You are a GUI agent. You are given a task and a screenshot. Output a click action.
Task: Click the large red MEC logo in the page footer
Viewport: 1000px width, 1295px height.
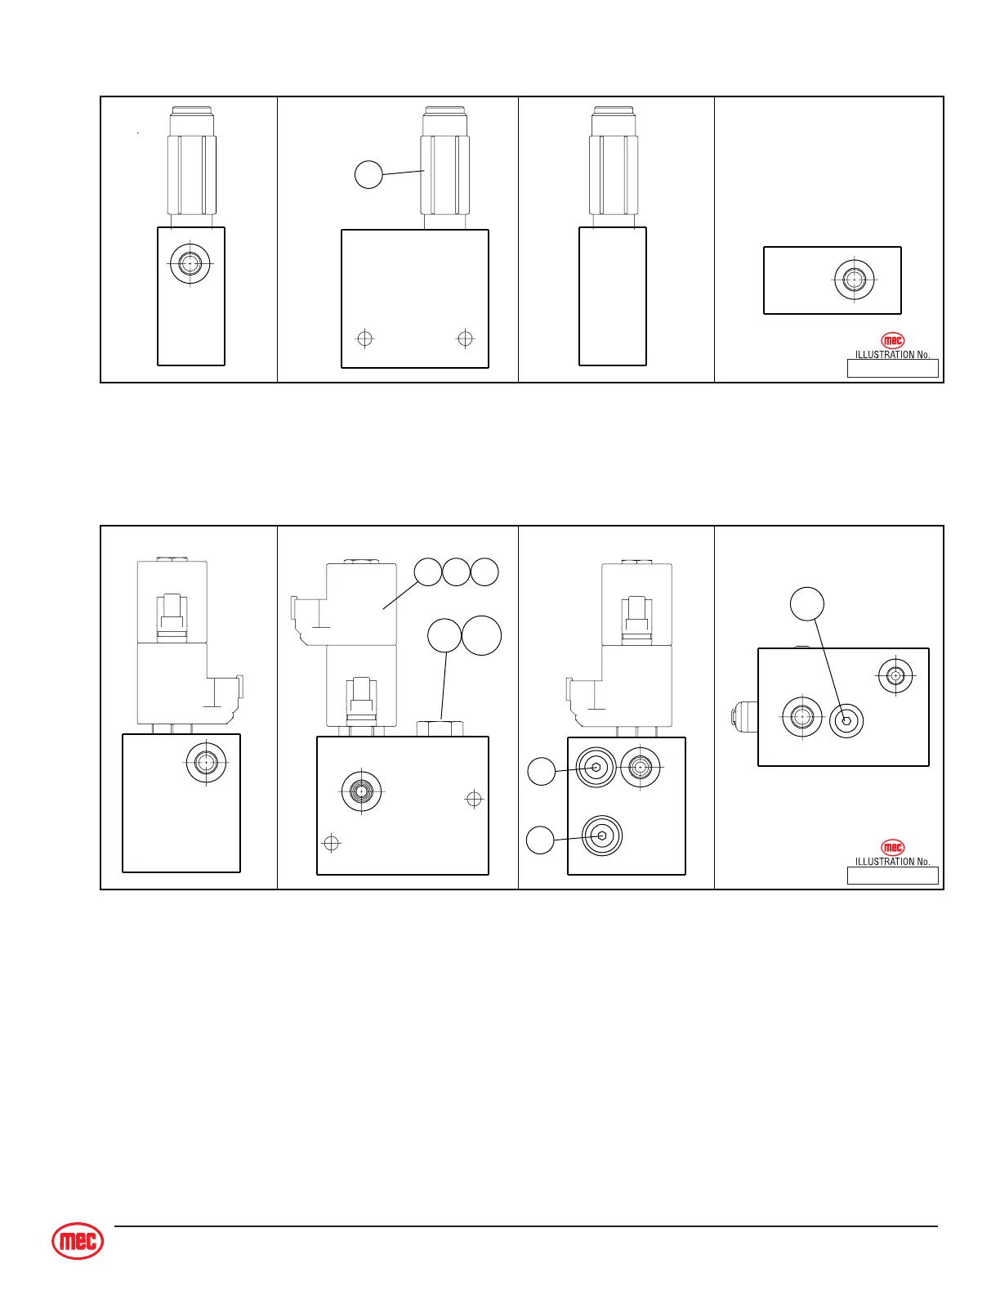[x=78, y=1242]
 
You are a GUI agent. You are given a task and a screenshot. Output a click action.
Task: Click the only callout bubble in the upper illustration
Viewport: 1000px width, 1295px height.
[x=368, y=174]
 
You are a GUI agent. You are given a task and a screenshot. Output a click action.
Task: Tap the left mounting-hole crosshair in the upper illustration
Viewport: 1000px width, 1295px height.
[x=365, y=338]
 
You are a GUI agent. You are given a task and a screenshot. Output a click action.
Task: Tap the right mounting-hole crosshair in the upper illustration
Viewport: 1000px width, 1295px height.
[x=465, y=338]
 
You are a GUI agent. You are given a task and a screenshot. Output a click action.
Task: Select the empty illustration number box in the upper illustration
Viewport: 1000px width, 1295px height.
[x=892, y=369]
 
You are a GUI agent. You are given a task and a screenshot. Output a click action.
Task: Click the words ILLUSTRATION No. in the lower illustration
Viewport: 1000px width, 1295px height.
[x=892, y=862]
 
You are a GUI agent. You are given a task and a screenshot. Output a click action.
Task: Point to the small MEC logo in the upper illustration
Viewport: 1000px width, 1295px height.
[x=893, y=341]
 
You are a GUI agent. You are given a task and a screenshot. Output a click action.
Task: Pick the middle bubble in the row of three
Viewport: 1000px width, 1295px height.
[x=457, y=572]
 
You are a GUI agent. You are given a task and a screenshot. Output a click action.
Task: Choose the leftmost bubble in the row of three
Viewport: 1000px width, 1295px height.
[x=428, y=572]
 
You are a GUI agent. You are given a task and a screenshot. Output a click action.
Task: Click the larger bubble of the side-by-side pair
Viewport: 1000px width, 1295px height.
[x=482, y=635]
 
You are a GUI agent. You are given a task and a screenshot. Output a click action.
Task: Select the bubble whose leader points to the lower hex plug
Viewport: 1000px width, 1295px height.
[x=540, y=840]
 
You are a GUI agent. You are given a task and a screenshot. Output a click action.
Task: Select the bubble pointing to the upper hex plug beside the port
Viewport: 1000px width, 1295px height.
[x=541, y=772]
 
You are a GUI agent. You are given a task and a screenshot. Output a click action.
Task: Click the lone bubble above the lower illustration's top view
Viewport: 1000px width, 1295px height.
[x=807, y=604]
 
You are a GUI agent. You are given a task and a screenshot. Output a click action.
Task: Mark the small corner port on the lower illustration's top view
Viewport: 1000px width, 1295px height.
[x=895, y=676]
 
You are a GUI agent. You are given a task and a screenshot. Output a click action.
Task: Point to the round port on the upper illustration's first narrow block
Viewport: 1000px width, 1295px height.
[x=190, y=263]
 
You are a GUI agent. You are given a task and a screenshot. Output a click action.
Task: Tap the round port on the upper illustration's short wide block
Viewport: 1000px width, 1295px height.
[x=855, y=279]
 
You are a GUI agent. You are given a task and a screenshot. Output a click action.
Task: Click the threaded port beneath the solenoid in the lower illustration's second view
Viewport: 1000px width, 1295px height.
[x=360, y=791]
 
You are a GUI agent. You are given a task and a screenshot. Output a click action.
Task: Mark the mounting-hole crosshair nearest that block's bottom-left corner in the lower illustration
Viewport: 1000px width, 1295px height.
[x=331, y=843]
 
